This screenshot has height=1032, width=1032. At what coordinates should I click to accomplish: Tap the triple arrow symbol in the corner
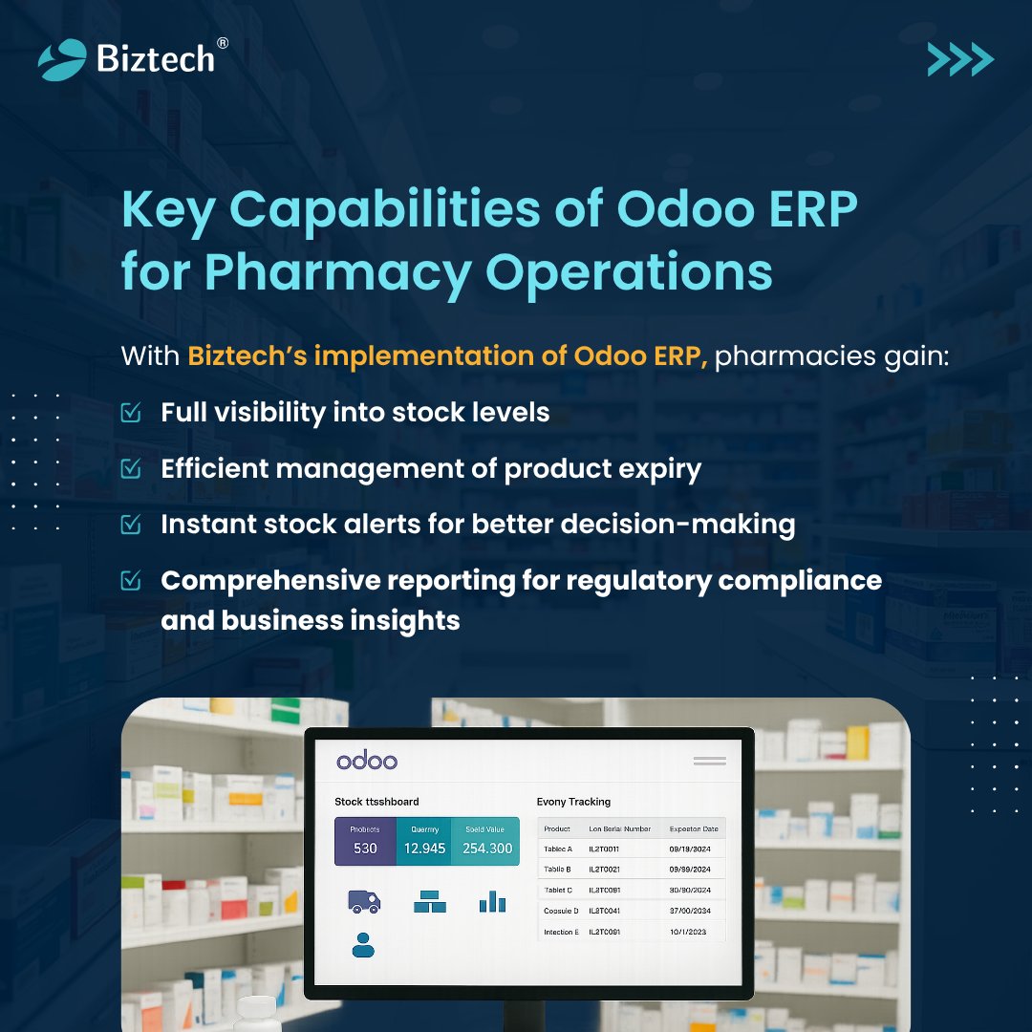960,59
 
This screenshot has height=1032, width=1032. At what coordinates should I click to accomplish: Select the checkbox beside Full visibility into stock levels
131,412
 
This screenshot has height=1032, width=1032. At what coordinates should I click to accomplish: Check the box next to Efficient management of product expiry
131,468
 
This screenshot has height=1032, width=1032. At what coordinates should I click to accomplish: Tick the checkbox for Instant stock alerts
131,524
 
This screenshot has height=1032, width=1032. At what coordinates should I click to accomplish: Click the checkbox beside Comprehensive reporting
131,580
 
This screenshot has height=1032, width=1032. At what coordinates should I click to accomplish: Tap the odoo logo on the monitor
366,761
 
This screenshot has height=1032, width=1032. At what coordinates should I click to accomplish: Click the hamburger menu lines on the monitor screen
709,761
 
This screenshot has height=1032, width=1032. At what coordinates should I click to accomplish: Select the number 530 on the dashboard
365,848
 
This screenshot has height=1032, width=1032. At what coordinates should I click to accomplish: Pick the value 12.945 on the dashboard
424,848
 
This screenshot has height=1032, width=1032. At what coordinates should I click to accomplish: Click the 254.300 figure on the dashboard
487,848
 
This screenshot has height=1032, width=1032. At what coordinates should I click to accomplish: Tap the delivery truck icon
364,901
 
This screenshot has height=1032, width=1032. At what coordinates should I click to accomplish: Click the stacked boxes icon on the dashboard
430,901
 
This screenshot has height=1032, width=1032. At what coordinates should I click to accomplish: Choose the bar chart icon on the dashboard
492,901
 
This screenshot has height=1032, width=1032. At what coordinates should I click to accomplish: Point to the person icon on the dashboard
363,944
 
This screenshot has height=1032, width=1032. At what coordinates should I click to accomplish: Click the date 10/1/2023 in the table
688,932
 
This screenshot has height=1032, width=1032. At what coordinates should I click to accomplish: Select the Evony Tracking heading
573,802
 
